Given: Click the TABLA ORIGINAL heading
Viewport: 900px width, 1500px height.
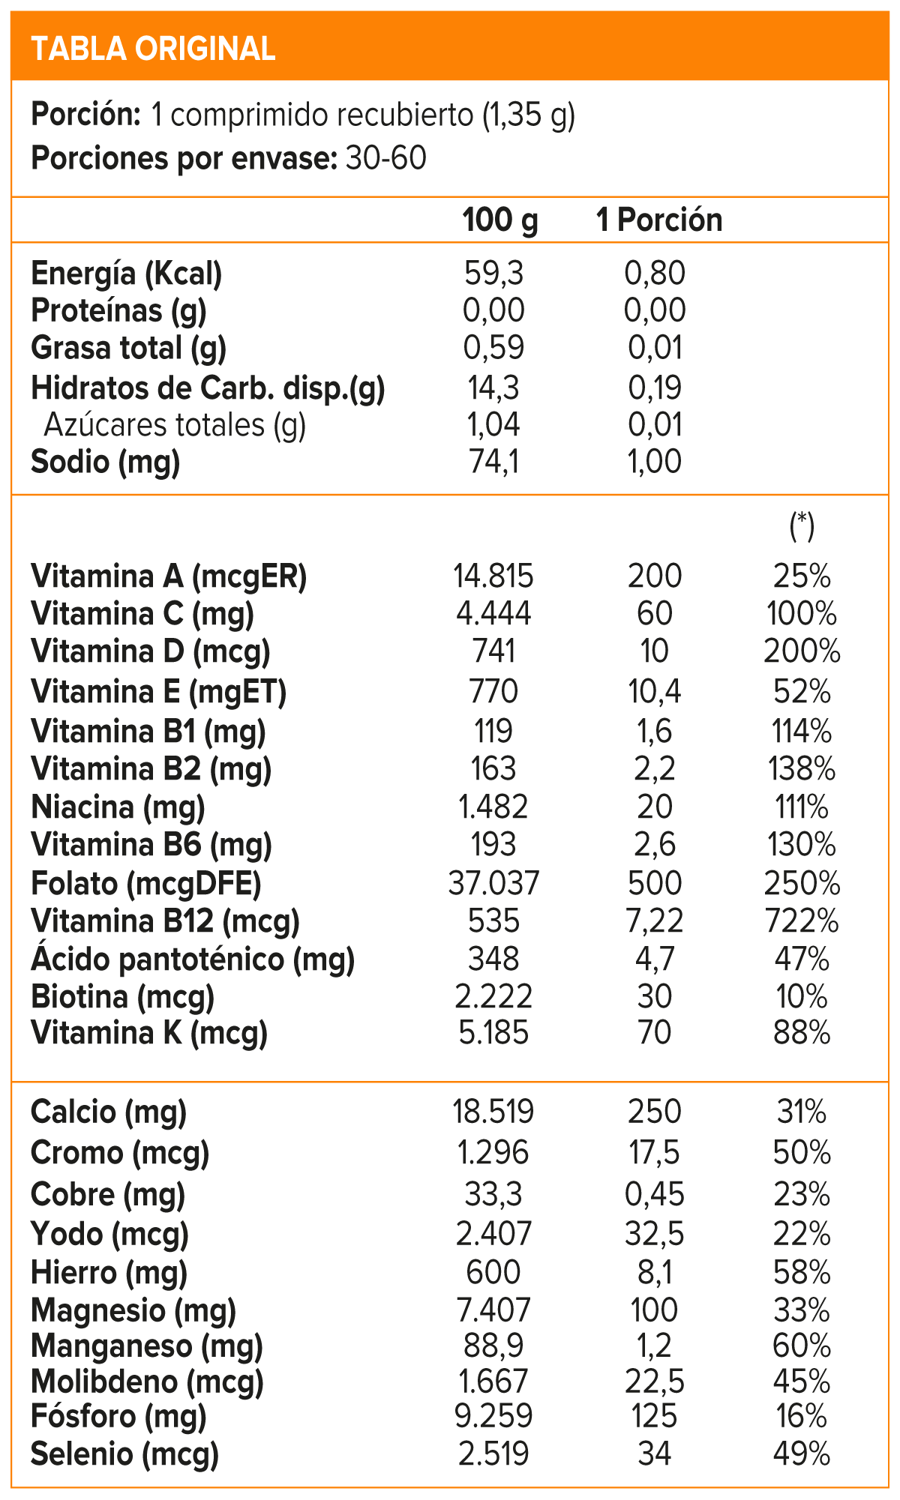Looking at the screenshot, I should coord(153,49).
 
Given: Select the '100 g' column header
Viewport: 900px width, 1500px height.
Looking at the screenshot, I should coord(500,220).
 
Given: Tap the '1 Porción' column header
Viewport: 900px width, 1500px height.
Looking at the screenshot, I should coord(659,220).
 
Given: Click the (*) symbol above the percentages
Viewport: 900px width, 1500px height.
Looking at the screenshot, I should coord(802,525).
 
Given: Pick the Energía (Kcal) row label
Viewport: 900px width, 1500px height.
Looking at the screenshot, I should coord(127,274).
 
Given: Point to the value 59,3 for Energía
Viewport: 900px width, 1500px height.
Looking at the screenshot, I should coord(493,274).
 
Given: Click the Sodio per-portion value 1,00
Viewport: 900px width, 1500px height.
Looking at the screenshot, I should coord(655,462).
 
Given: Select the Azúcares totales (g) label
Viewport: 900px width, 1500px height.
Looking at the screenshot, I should coord(175,425).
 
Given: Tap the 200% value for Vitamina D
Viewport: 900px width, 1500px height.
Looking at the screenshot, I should coord(802,651).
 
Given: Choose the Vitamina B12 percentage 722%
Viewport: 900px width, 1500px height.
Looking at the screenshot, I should coord(802,921).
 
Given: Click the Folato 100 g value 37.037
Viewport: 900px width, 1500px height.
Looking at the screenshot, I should coord(493,884).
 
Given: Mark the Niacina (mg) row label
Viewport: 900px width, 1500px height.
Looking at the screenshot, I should coord(118,807).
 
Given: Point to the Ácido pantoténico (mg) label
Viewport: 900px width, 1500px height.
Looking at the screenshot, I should coord(193,960).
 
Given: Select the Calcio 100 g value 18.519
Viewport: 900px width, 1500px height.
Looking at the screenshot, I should coord(493,1112).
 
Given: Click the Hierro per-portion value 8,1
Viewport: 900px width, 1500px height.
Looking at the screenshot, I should coord(655,1273).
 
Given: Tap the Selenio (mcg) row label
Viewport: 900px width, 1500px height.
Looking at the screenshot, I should coord(124,1454).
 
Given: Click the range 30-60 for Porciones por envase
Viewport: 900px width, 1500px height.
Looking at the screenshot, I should coord(385,159).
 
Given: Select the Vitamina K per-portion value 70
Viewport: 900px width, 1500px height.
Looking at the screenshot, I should coord(655,1033).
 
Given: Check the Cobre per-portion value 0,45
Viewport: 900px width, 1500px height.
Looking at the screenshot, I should coord(655,1194).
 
